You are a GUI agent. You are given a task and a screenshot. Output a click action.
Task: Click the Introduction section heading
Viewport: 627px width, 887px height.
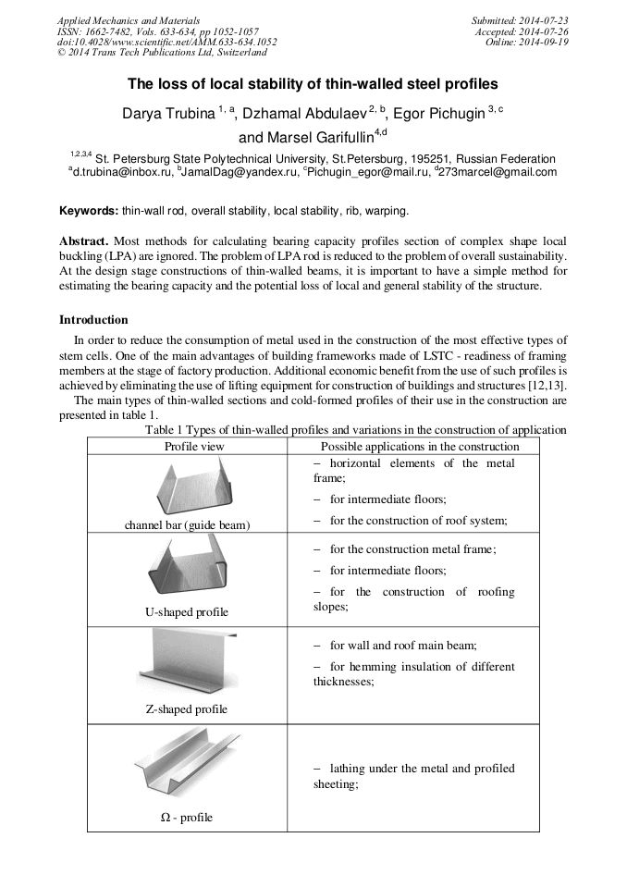(x=93, y=320)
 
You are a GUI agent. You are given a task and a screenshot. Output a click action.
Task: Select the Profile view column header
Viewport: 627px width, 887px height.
(x=194, y=446)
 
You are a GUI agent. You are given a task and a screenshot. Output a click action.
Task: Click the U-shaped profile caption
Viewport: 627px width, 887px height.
(x=187, y=612)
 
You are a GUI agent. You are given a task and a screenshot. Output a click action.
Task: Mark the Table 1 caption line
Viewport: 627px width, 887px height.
(x=356, y=430)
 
